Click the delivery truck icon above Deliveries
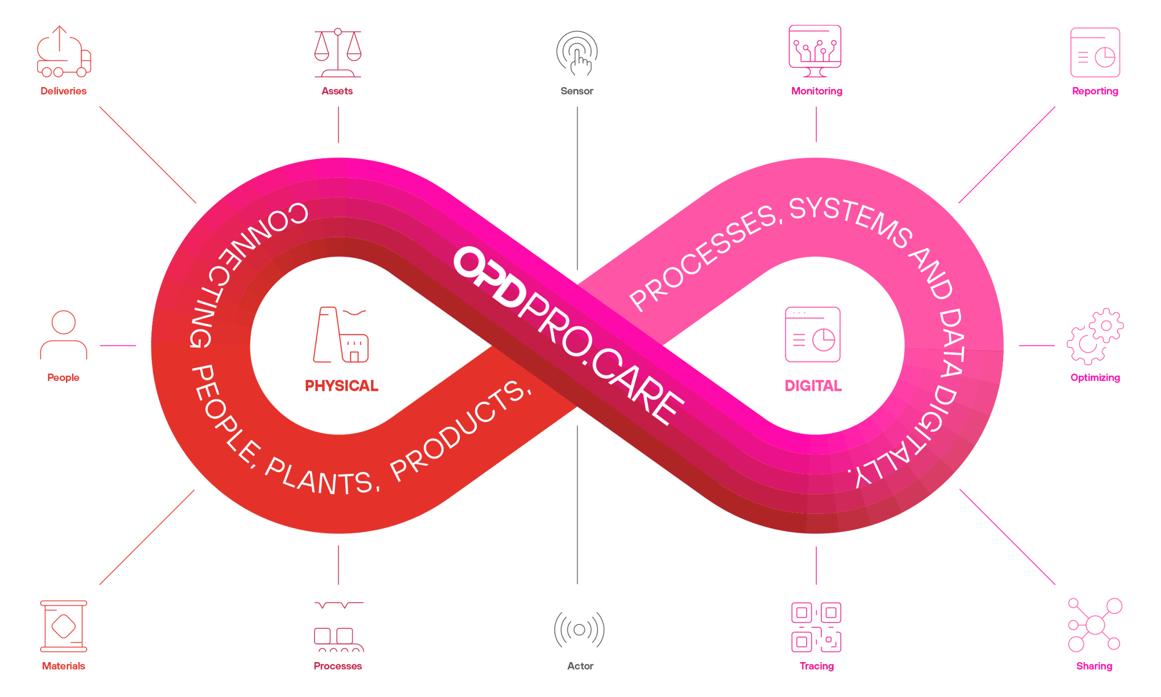point(63,53)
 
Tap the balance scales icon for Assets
point(338,53)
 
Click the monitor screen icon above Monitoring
point(815,51)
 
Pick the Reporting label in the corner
point(1095,91)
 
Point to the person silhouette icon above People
point(64,336)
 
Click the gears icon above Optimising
point(1095,337)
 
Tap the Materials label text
point(64,666)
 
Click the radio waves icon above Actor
point(579,629)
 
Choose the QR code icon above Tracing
point(816,627)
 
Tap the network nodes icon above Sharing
point(1095,625)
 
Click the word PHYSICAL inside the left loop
point(341,386)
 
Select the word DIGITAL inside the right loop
point(813,386)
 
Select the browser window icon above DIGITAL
point(813,335)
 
